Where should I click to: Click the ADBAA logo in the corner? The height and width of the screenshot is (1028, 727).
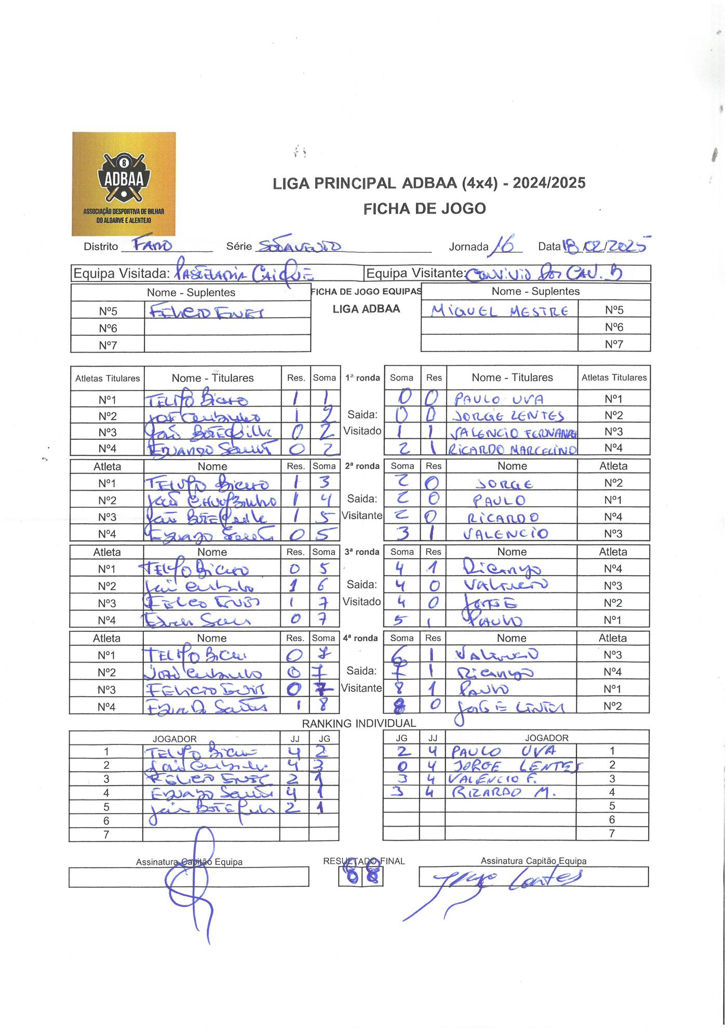124,184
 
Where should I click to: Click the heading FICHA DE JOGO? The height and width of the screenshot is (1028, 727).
424,209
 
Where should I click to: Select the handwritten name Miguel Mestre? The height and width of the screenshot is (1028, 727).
500,310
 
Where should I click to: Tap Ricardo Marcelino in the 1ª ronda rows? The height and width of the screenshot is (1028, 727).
512,449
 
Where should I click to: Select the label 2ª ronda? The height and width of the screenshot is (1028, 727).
362,466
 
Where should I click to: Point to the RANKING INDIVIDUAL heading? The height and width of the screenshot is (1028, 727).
359,723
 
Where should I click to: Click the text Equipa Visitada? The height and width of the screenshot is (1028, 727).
122,274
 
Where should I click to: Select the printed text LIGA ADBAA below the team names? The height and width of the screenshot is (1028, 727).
366,309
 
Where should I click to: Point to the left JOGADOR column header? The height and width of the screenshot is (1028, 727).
174,738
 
